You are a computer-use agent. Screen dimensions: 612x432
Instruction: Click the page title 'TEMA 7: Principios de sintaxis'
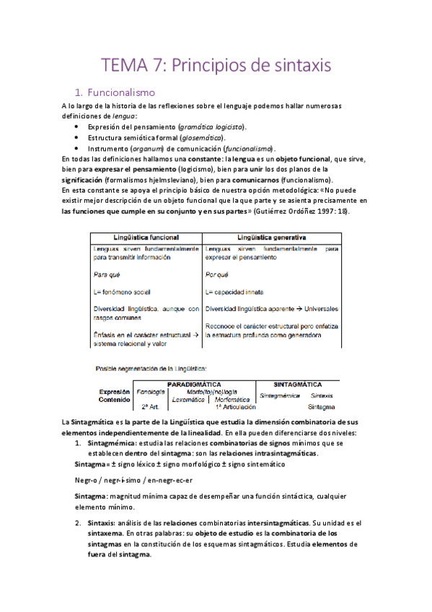coord(216,65)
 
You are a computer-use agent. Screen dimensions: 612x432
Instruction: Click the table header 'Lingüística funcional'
coord(145,237)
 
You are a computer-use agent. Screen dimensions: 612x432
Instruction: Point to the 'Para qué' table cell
coord(107,274)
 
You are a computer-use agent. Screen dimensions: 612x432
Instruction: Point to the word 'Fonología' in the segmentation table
coord(151,392)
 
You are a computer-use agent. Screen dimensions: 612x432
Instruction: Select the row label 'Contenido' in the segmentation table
coord(114,399)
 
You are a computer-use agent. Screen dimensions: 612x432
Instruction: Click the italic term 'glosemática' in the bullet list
coord(199,137)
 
